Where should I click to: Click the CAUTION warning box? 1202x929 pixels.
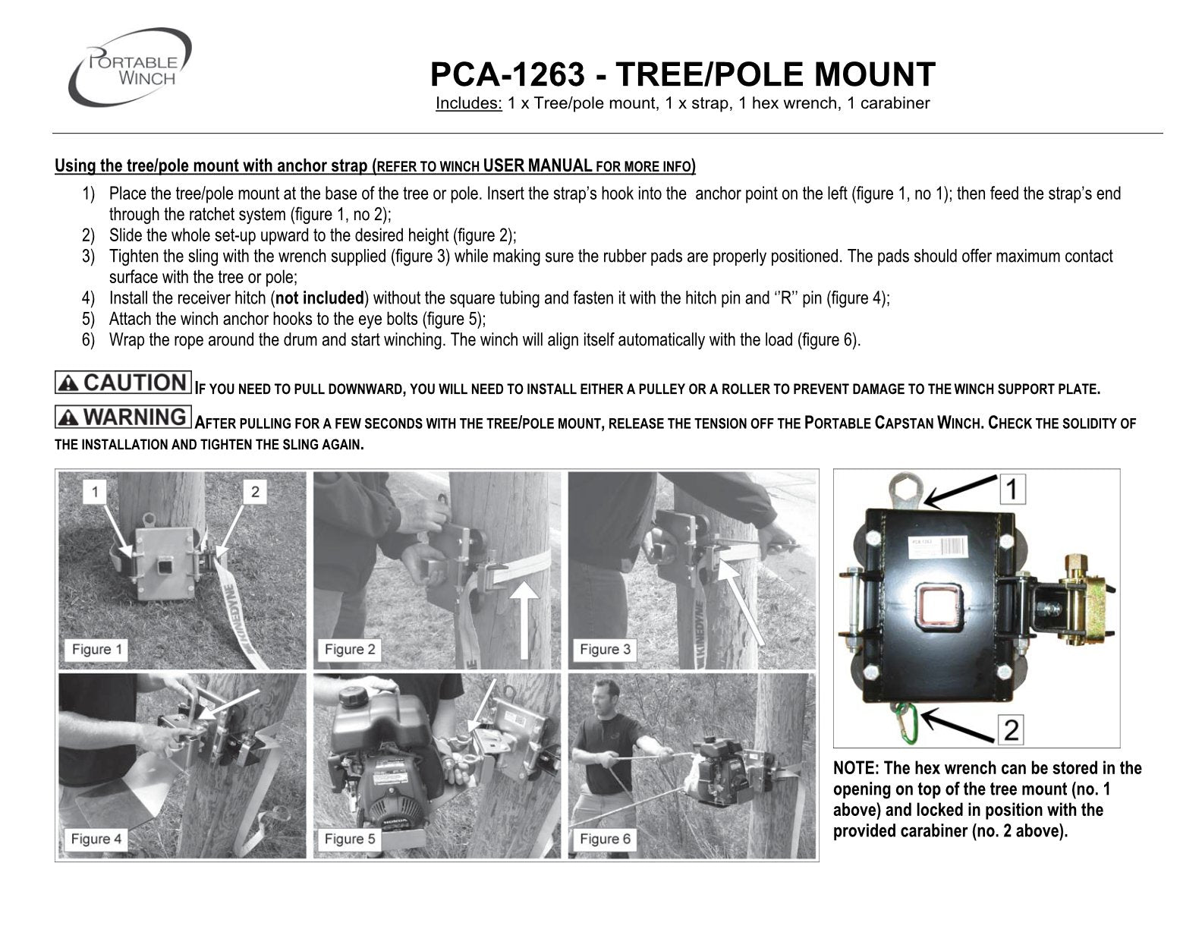(123, 383)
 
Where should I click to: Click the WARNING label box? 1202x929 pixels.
(123, 417)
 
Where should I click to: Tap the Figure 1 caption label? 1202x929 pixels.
(96, 649)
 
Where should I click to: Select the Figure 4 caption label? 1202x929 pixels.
(96, 839)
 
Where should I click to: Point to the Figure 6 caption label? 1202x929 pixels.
(605, 839)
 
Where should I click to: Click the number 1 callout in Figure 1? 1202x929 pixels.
(95, 492)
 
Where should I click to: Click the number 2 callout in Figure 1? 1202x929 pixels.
(255, 492)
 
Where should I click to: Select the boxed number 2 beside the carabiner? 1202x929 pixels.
(1011, 730)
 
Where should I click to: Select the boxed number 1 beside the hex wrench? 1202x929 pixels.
(1011, 488)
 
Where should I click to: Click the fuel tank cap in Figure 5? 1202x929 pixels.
(353, 696)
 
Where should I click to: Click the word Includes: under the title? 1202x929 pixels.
(468, 103)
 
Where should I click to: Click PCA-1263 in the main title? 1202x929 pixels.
(507, 75)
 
